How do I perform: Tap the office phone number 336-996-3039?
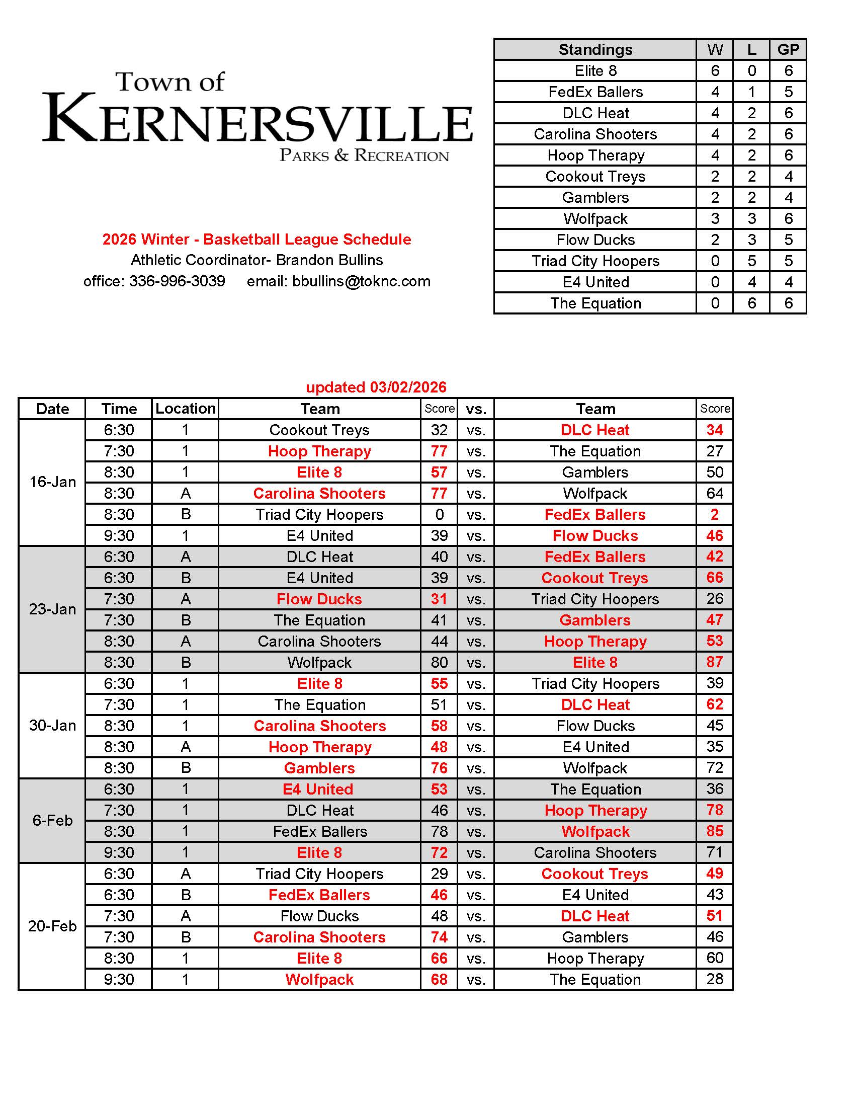(x=177, y=281)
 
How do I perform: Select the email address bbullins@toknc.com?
(x=361, y=281)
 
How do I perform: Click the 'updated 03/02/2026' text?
(x=376, y=387)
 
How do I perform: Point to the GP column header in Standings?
(x=788, y=50)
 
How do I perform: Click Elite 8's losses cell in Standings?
(x=751, y=71)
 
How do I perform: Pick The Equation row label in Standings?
(x=595, y=303)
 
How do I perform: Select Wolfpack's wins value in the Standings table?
(x=715, y=218)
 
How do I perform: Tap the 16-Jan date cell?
(x=52, y=482)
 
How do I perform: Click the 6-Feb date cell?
(x=52, y=820)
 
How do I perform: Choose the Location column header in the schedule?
(x=186, y=409)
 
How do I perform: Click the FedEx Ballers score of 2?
(x=714, y=514)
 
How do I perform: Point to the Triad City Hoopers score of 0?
(x=439, y=514)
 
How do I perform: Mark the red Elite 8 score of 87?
(x=714, y=662)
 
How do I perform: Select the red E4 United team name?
(x=318, y=789)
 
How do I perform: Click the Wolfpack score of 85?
(x=714, y=831)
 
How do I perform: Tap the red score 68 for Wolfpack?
(x=439, y=979)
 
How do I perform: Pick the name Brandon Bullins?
(x=329, y=260)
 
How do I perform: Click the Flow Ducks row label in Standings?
(x=595, y=240)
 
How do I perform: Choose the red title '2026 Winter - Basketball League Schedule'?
(x=257, y=239)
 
